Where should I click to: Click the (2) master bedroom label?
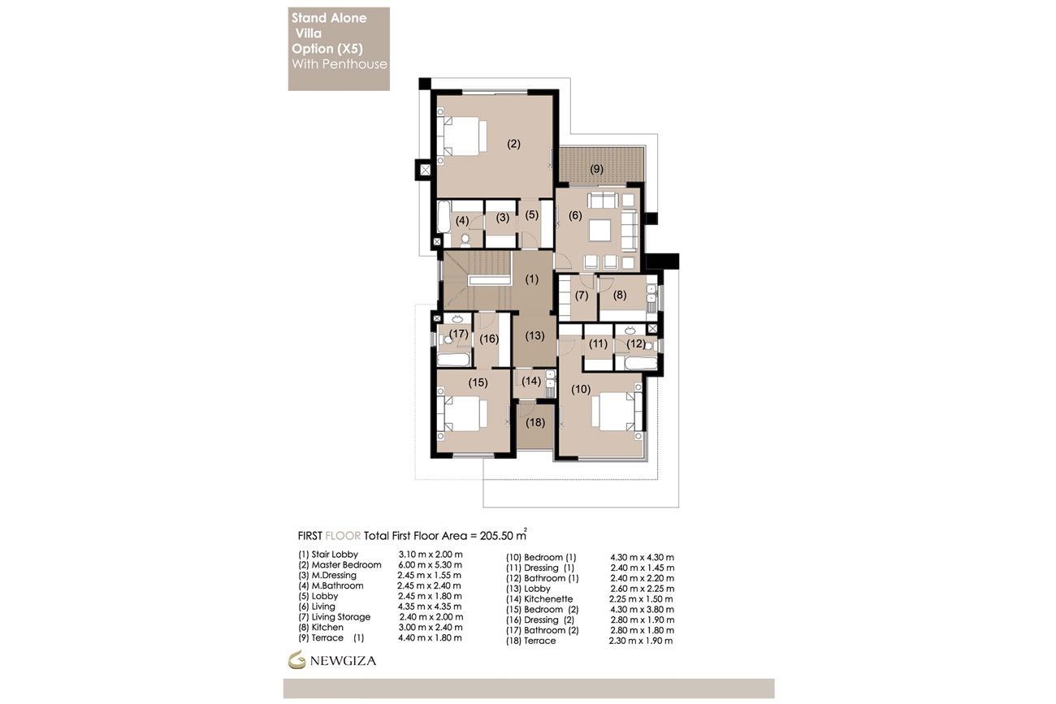tap(513, 144)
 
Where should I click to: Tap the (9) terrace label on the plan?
tap(597, 169)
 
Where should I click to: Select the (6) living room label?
tap(575, 215)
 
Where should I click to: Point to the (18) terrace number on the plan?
tap(535, 422)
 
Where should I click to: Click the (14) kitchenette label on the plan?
tap(531, 381)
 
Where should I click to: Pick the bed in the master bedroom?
tap(462, 136)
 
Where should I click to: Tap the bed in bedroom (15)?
tap(462, 414)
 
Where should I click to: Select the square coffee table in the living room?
tap(599, 231)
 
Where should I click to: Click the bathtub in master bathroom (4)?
tap(444, 217)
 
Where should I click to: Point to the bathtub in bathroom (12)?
tap(641, 363)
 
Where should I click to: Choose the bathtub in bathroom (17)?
tap(453, 360)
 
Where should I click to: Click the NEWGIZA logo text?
tap(343, 661)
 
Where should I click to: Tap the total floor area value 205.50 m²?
tap(503, 535)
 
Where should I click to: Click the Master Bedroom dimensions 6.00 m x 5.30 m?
tap(430, 564)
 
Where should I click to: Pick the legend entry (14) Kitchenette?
tap(539, 599)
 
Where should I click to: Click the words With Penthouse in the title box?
tap(340, 64)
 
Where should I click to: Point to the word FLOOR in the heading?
tap(343, 536)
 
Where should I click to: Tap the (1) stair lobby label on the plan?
tap(532, 279)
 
